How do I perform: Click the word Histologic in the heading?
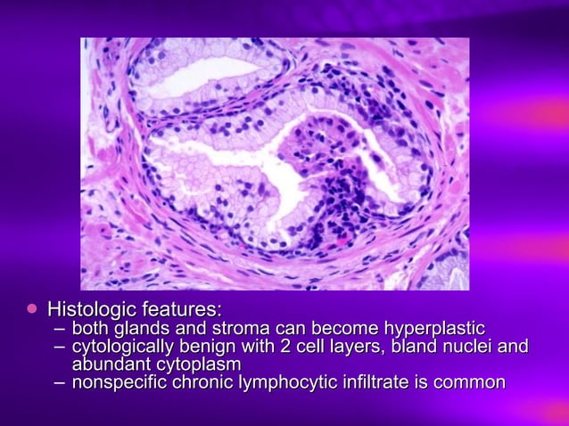(91, 310)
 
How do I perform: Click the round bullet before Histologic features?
(33, 308)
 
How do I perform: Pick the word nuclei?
(470, 346)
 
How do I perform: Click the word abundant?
(110, 365)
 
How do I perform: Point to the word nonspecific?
(117, 383)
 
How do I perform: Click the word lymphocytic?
(284, 383)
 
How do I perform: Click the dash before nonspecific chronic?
(59, 383)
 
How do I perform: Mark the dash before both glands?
(59, 329)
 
